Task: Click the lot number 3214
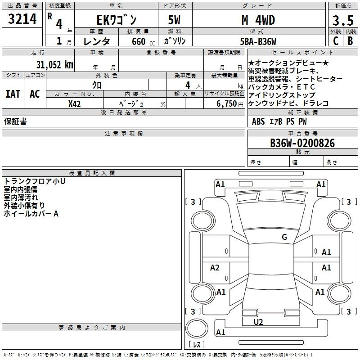tap(22, 19)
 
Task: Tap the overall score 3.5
tap(343, 20)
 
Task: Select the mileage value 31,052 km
tap(54, 65)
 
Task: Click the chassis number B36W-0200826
tap(302, 143)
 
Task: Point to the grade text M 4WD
tap(258, 20)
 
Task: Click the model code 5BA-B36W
tap(258, 41)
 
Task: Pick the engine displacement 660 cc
tap(143, 41)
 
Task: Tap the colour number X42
tap(74, 104)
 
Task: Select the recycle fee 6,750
tap(226, 103)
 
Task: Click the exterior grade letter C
tap(336, 41)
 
